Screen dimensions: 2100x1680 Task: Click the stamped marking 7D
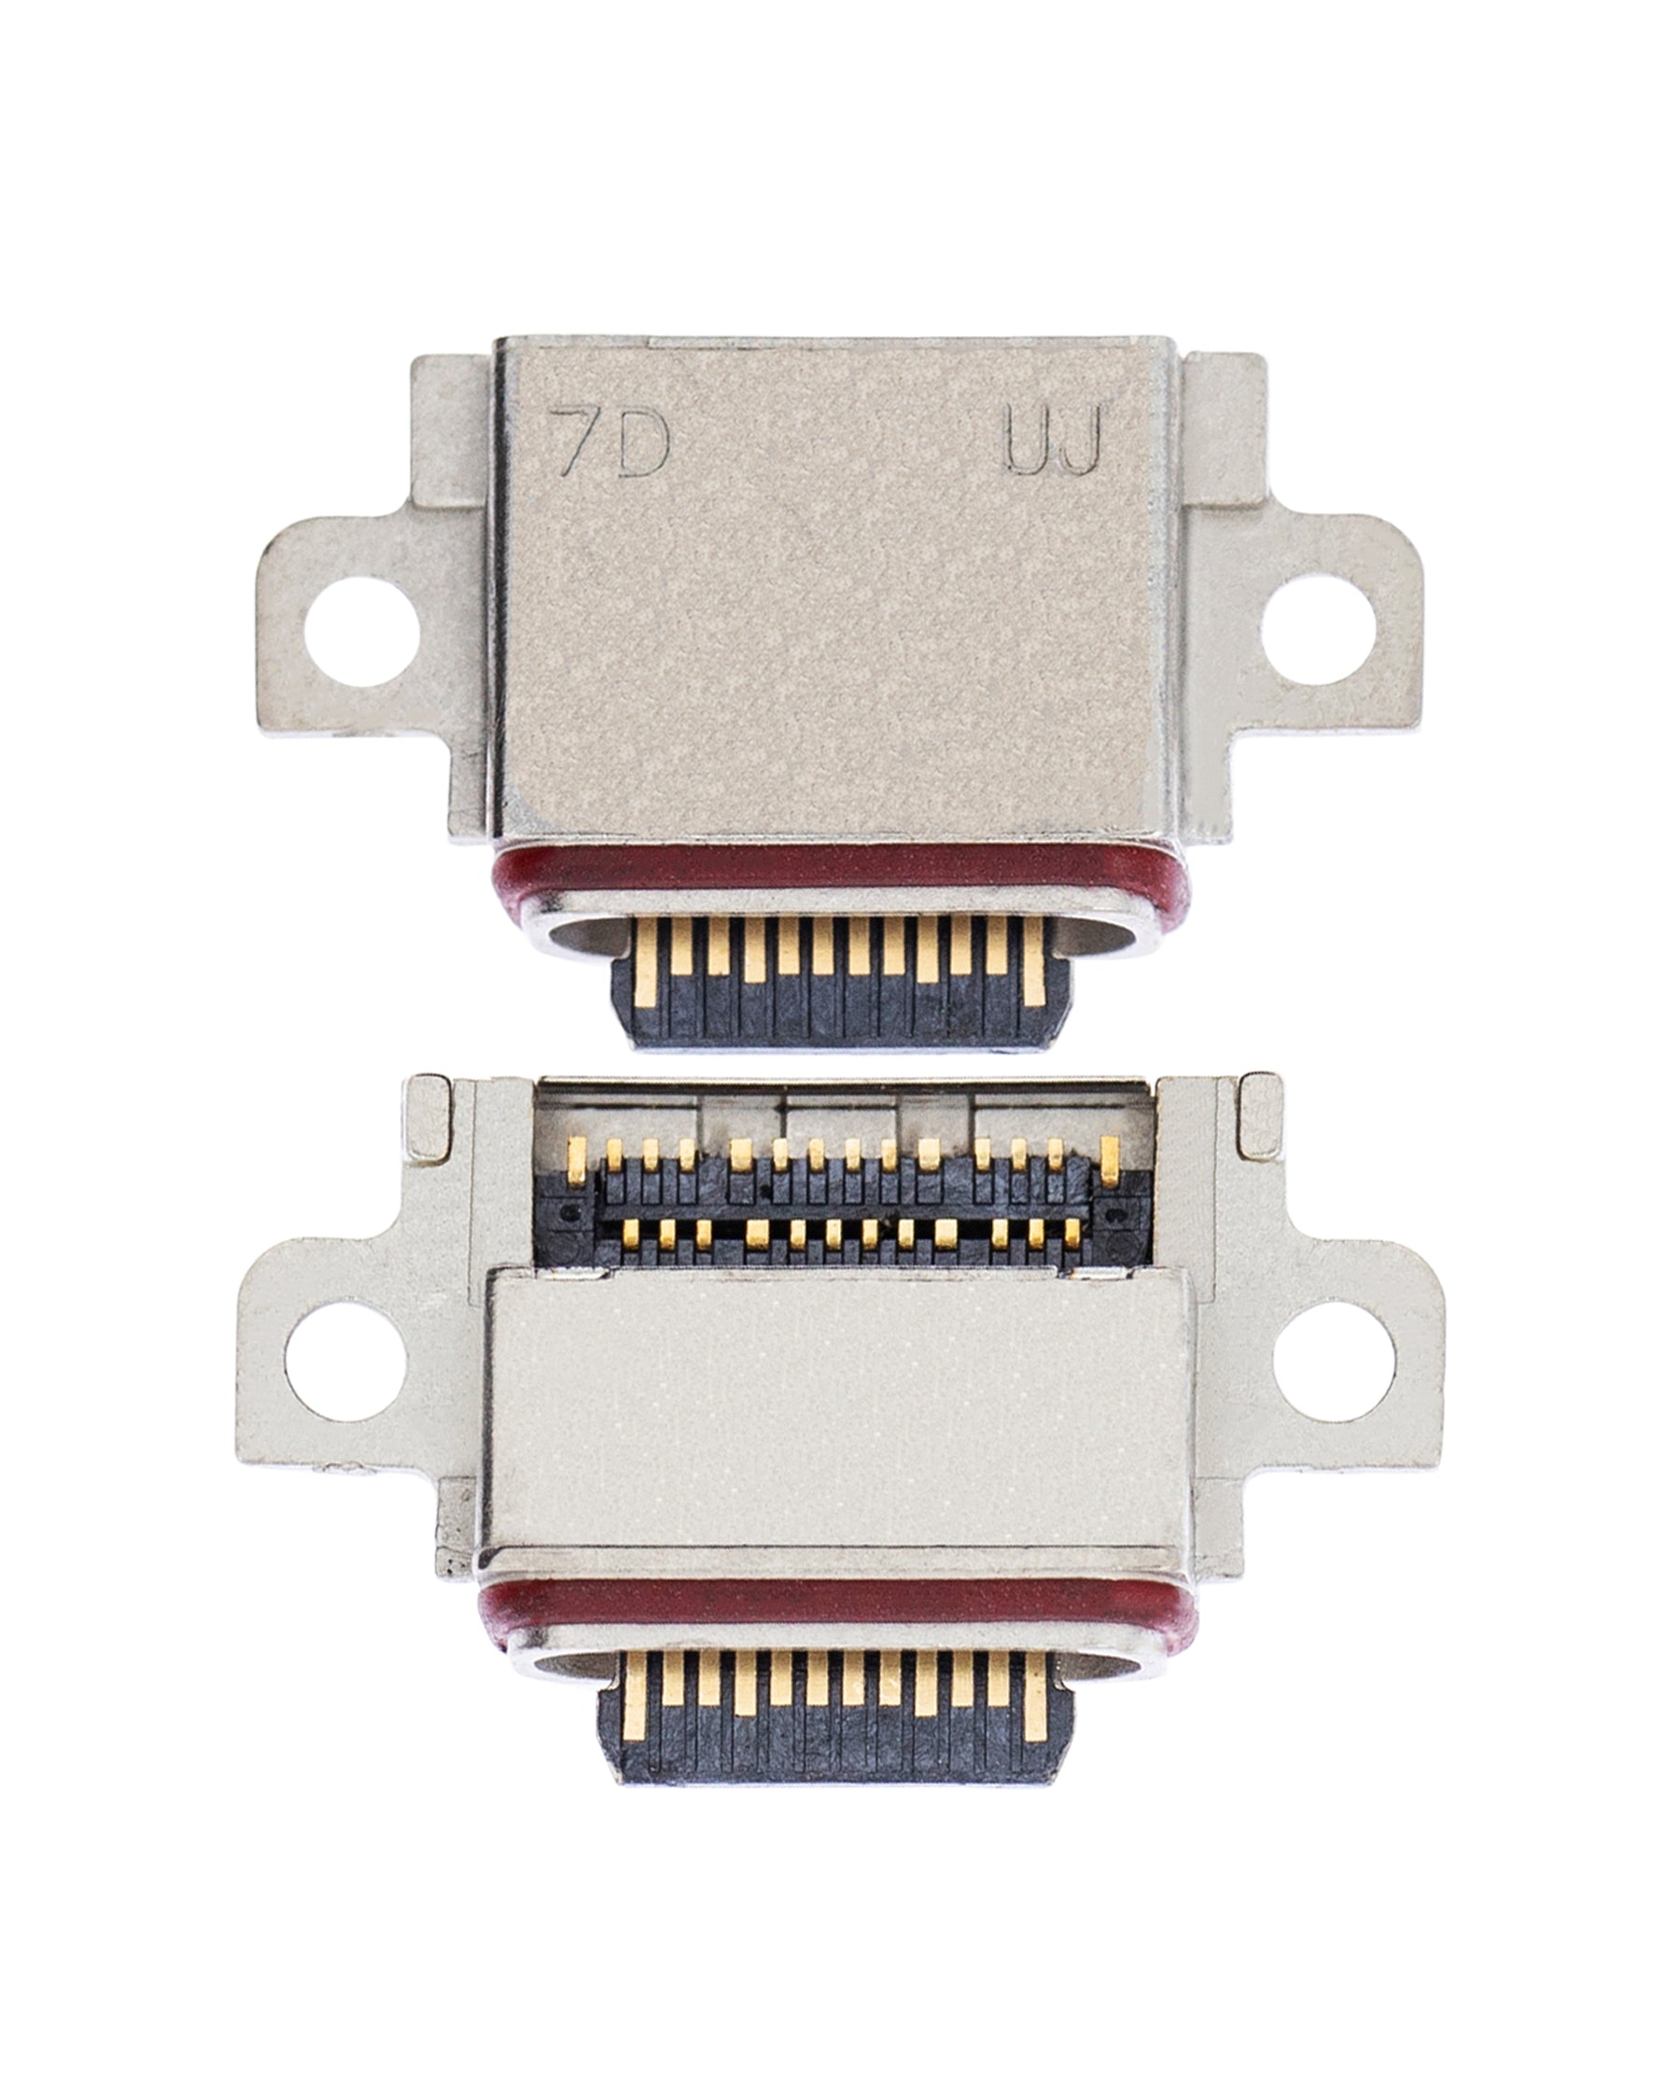point(609,443)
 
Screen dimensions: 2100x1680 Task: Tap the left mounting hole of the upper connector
point(361,630)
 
